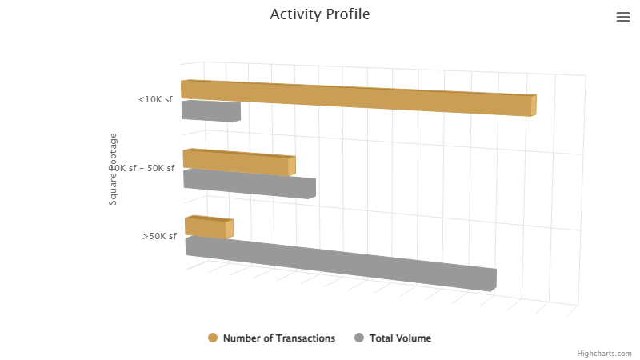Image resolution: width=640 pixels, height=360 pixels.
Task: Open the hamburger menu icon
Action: (x=623, y=18)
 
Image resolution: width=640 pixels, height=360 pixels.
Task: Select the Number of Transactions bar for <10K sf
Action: (x=356, y=98)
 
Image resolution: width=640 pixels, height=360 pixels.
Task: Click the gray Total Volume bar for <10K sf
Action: (x=210, y=110)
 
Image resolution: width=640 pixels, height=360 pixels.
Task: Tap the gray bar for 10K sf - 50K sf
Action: (x=250, y=183)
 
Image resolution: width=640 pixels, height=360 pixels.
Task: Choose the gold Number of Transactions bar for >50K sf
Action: (x=206, y=226)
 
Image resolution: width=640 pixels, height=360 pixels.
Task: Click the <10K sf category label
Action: (x=155, y=100)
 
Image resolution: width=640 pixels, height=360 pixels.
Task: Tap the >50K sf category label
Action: (x=159, y=236)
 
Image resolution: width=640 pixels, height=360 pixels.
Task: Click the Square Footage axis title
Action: (x=114, y=169)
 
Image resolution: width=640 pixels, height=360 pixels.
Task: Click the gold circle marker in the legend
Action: (x=213, y=338)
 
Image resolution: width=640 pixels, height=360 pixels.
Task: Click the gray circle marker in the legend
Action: (x=359, y=338)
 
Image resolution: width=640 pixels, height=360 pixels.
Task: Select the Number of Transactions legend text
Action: (x=279, y=338)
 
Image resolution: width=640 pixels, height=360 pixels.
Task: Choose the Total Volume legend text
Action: (x=400, y=338)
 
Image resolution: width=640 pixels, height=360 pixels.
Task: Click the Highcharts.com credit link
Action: (x=605, y=353)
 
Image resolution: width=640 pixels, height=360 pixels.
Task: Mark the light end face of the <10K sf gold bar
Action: (x=534, y=106)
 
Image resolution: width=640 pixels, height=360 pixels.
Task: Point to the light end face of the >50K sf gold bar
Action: (x=230, y=230)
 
